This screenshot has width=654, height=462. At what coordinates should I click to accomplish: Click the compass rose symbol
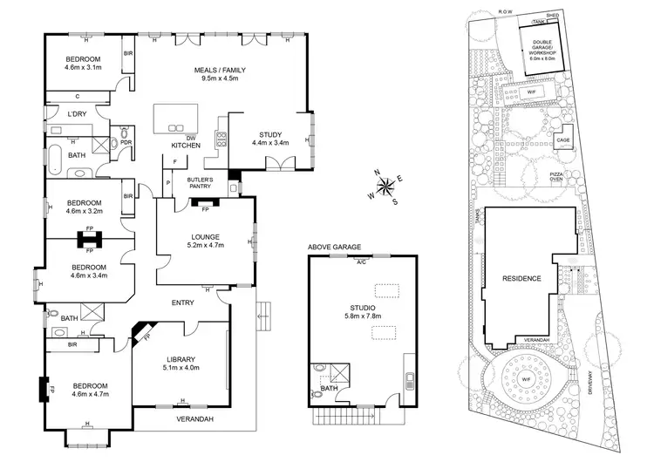click(x=385, y=187)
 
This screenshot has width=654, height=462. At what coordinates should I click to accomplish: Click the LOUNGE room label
click(x=205, y=237)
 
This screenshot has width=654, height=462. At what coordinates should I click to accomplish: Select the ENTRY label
click(x=182, y=302)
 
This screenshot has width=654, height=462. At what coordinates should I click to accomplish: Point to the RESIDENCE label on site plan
click(x=522, y=279)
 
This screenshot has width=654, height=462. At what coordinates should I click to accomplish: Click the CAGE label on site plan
click(x=563, y=139)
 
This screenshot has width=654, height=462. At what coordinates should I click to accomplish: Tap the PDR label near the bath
click(x=126, y=143)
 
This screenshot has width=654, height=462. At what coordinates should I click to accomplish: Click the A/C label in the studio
click(x=361, y=261)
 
